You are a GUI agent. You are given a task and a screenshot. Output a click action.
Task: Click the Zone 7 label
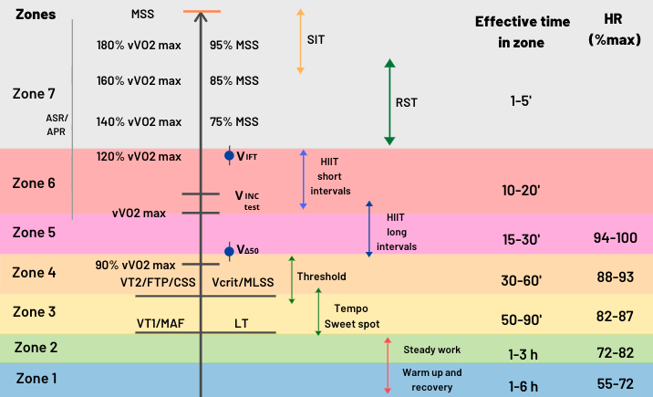point(34,94)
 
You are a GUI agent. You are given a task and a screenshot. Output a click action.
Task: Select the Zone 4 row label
point(34,273)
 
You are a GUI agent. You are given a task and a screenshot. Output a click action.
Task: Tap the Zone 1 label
point(36,378)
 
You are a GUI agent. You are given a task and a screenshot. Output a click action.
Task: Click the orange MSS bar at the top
point(202,11)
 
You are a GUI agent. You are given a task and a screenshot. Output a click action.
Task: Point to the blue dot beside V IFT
point(229,155)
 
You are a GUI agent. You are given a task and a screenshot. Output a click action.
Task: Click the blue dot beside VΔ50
point(229,251)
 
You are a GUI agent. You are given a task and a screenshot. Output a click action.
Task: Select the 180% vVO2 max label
point(139,45)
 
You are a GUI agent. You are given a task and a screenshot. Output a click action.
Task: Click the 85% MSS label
point(234,80)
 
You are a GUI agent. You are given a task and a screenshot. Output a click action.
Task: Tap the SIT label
point(316,39)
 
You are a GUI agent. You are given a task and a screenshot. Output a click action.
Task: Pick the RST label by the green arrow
point(406,102)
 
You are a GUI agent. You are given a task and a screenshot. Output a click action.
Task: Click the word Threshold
point(322,277)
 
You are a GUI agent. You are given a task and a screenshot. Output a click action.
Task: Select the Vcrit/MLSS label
point(243,282)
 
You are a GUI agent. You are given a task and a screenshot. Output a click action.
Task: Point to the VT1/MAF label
point(161,323)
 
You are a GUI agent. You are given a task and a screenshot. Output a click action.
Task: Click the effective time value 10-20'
point(521,191)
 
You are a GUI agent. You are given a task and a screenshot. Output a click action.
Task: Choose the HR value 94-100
point(615,238)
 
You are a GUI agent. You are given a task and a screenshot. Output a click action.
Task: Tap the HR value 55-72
point(615,383)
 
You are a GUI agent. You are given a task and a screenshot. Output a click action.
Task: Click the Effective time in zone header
point(523,32)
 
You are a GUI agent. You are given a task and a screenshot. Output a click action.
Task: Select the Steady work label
point(432,350)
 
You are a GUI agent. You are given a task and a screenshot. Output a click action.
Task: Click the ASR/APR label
point(57,124)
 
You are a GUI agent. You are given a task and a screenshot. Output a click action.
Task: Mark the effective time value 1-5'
point(521,100)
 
